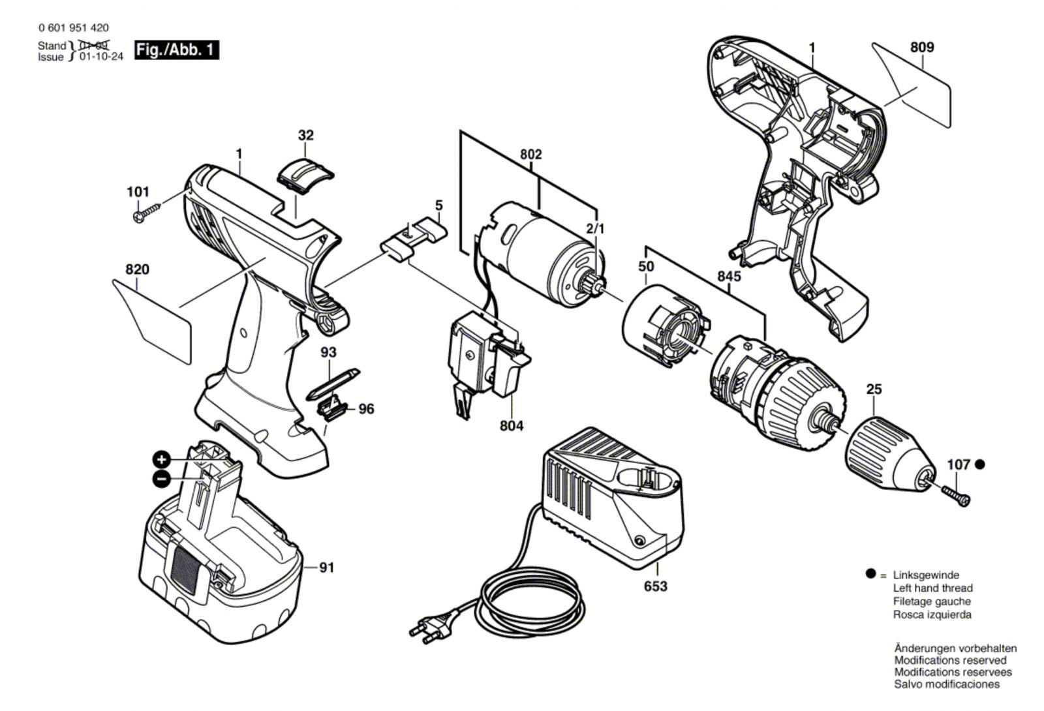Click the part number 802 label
530,155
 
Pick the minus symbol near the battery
161,479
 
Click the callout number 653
655,586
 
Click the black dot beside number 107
980,464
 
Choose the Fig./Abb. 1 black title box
176,50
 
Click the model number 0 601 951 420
74,28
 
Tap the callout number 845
729,277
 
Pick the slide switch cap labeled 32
305,174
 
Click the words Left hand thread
932,588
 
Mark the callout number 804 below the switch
511,426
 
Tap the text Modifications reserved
950,660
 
